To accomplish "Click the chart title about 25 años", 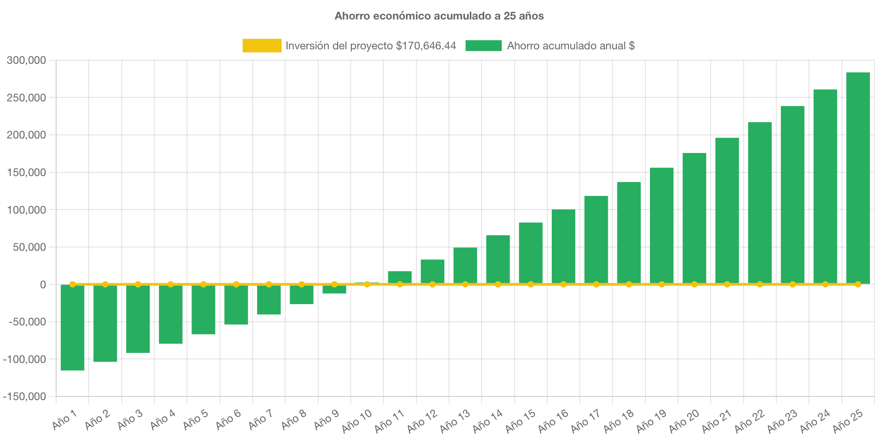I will point(439,16).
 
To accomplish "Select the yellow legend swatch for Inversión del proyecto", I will point(262,46).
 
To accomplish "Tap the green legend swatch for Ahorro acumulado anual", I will point(483,46).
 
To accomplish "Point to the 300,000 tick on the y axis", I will point(26,60).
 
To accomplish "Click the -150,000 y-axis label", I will point(24,396).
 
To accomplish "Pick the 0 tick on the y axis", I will point(43,285).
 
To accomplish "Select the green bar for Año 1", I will point(72,328).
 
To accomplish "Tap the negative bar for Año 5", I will point(203,310).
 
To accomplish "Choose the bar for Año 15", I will point(530,253).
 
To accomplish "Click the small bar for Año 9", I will point(334,290).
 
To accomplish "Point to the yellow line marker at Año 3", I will point(138,284).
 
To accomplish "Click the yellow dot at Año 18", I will point(629,284).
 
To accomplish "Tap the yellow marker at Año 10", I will point(367,284).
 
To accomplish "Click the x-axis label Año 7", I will point(261,420).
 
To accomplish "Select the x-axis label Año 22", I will point(750,421).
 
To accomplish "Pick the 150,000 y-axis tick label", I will point(26,172).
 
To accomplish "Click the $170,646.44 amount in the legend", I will point(425,46).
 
